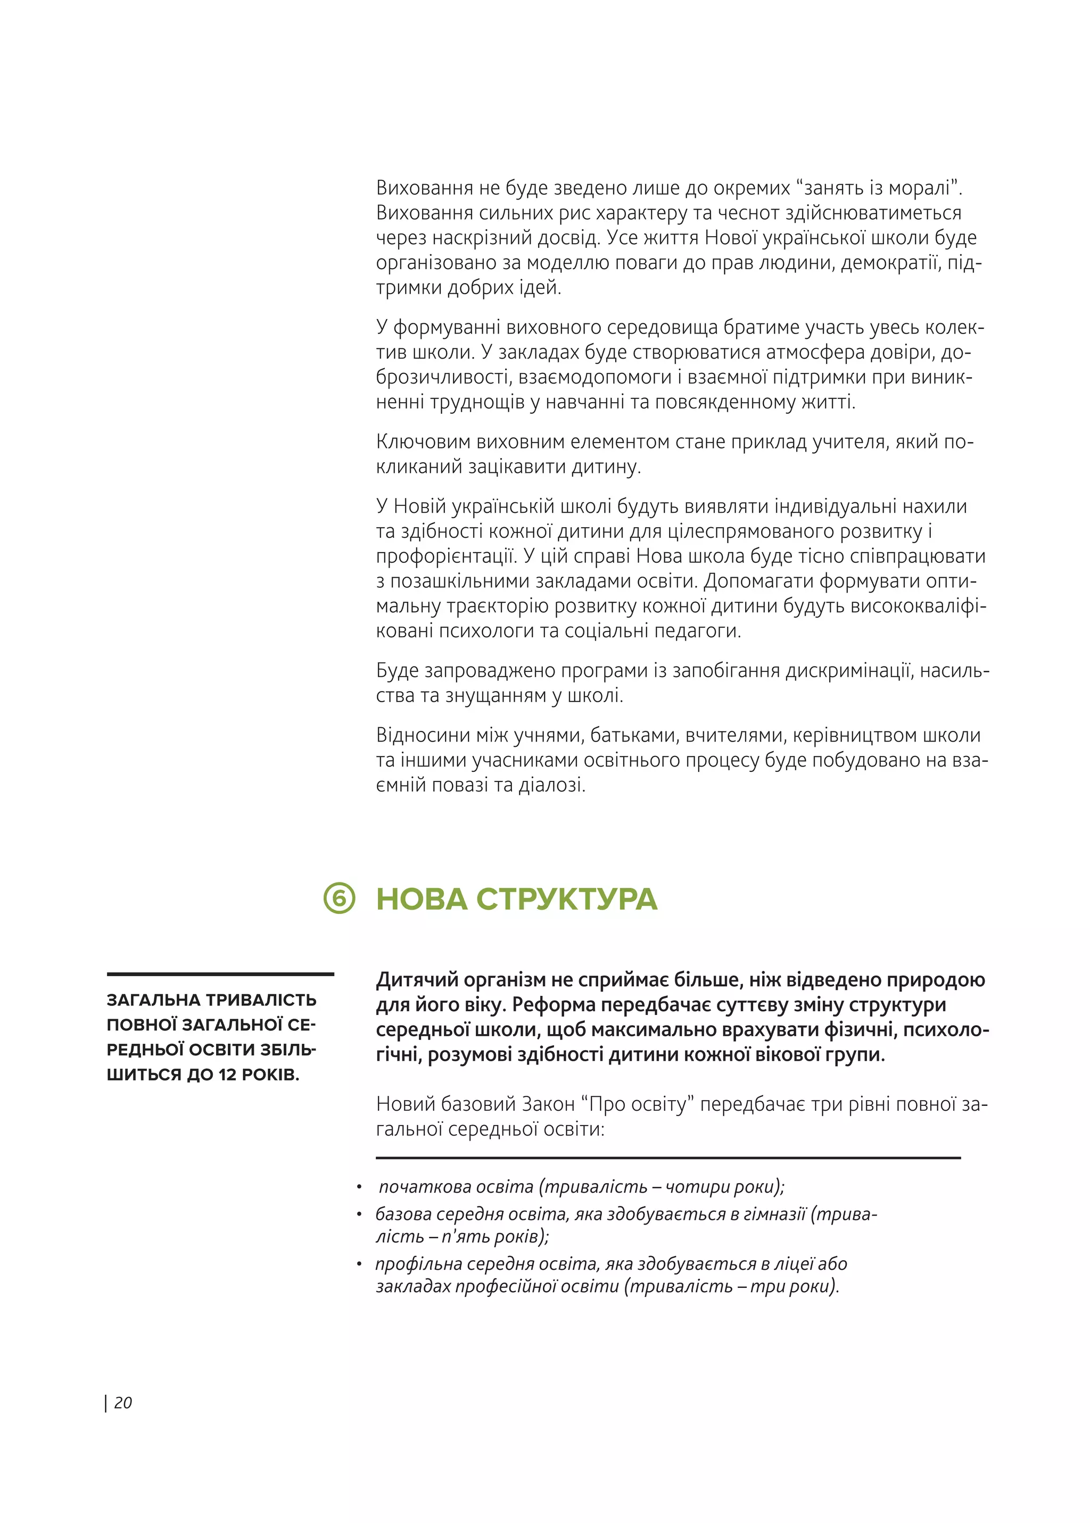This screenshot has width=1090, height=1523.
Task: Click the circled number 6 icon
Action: [x=339, y=898]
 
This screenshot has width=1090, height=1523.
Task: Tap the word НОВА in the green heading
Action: [x=421, y=899]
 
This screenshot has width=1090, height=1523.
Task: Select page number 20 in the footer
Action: [x=123, y=1402]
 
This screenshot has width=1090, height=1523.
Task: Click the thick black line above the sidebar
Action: [x=220, y=973]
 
